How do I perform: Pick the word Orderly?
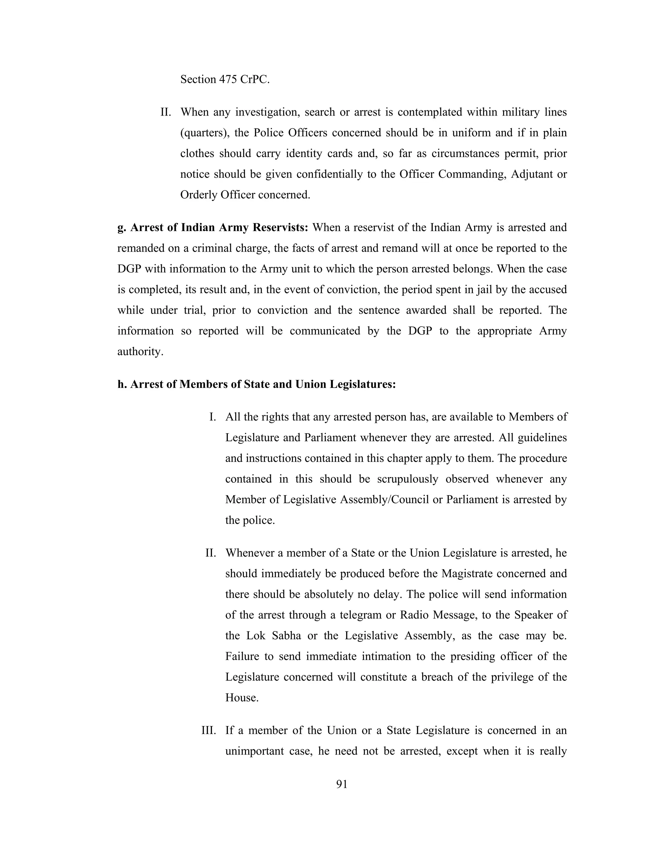pyautogui.click(x=199, y=195)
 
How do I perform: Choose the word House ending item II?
pyautogui.click(x=242, y=698)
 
